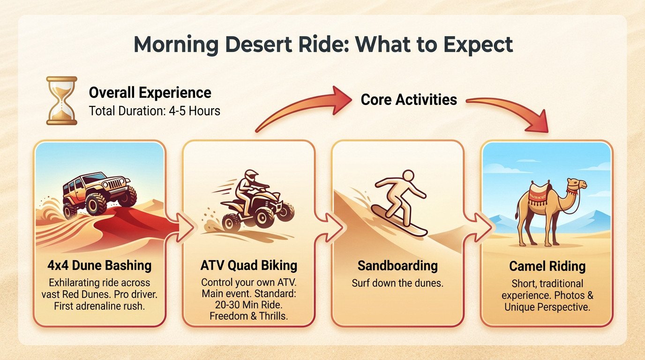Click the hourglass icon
[x=61, y=101]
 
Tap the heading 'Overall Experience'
[x=150, y=92]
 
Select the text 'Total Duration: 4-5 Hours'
[x=154, y=112]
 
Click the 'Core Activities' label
[x=409, y=99]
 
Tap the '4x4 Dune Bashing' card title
[x=99, y=266]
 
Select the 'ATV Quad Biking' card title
[x=248, y=266]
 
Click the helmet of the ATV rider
[x=251, y=177]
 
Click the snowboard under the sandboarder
[x=398, y=220]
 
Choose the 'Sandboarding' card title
[x=397, y=266]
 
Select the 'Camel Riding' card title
[x=547, y=267]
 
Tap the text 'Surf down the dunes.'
[x=397, y=284]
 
